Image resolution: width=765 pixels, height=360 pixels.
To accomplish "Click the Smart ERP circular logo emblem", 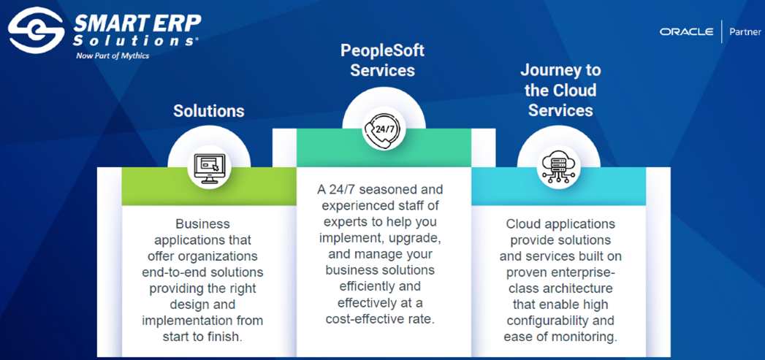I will point(36,30).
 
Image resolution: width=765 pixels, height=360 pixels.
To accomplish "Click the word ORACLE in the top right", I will point(686,32).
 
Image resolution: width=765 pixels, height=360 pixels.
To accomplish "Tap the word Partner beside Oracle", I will point(745,32).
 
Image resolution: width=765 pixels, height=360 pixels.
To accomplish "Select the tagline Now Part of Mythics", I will point(113,55).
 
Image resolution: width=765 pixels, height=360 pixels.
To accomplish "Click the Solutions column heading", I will point(208,111).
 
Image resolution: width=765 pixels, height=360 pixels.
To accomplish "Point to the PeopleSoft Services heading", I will point(382,61).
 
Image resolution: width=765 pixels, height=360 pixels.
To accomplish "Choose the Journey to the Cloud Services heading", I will point(560,91).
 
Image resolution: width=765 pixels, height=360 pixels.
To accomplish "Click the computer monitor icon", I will point(209,168).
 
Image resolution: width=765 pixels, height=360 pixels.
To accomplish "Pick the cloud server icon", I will point(558,166).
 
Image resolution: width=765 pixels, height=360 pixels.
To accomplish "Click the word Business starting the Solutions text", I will point(202,224).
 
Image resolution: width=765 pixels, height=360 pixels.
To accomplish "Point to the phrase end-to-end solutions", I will point(202,272).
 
